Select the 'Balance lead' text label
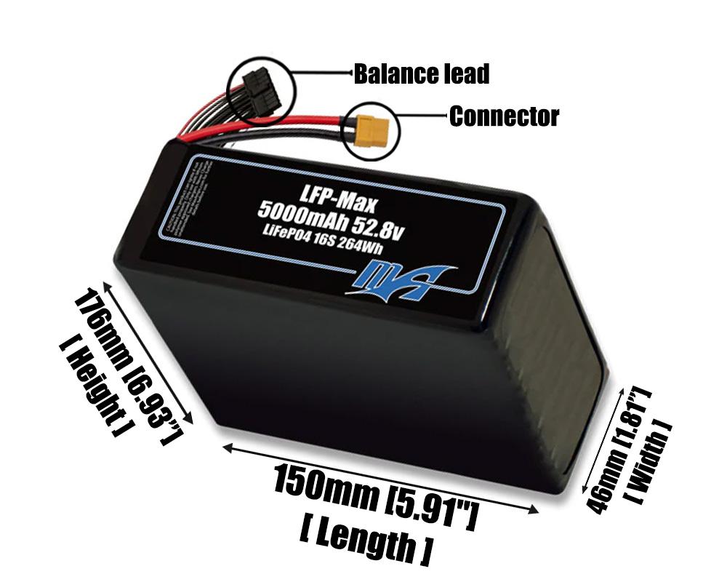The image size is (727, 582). pos(421,73)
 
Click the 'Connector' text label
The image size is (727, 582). pos(503,116)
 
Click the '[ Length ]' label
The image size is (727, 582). pos(365,542)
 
